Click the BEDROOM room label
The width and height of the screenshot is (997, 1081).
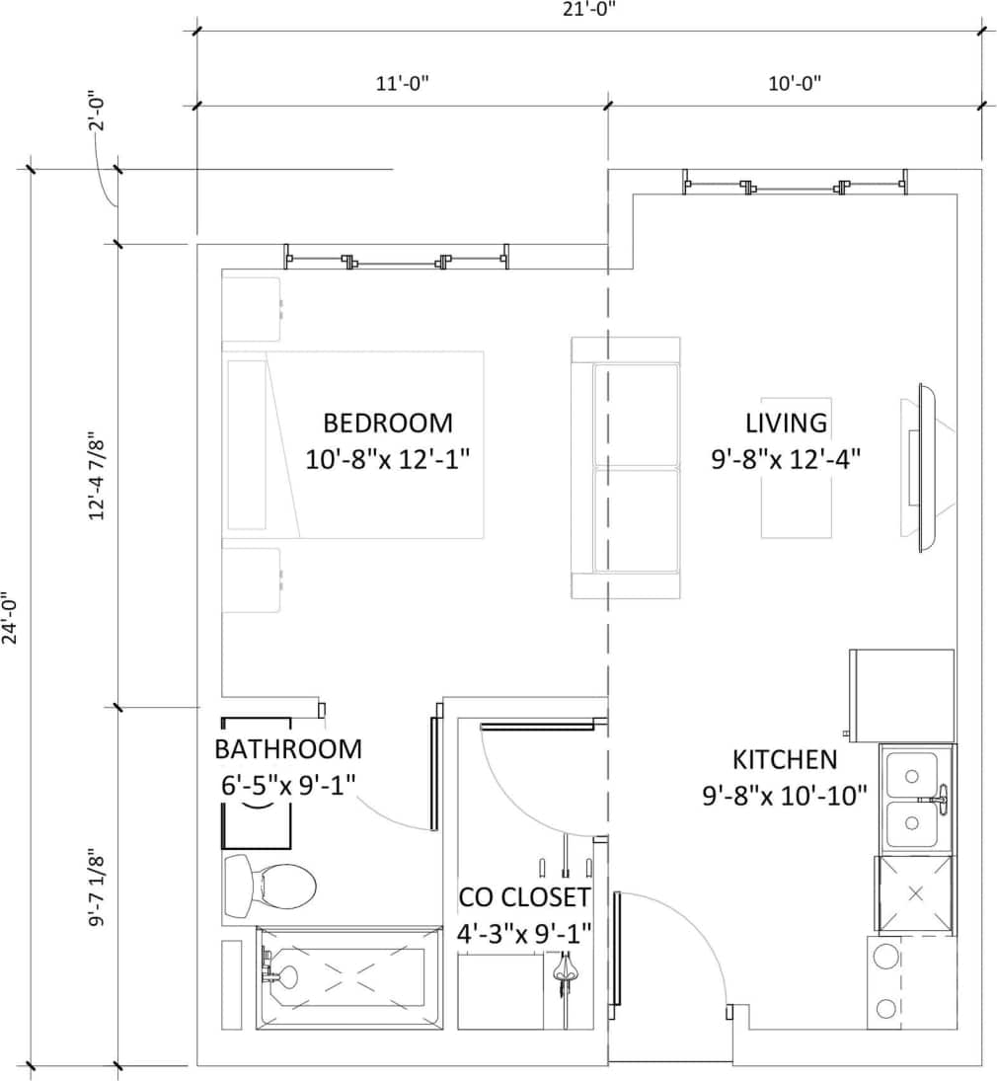click(x=388, y=424)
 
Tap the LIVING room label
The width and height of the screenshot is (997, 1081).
click(x=786, y=424)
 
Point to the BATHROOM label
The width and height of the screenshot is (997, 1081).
click(x=288, y=749)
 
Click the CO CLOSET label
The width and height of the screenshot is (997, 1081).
click(x=524, y=898)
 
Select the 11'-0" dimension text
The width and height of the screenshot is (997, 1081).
click(x=402, y=84)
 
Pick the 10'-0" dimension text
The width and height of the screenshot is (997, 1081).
click(x=795, y=84)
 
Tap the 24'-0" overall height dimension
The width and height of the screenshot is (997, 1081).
click(x=12, y=617)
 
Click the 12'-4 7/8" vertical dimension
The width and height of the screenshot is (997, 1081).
click(x=97, y=476)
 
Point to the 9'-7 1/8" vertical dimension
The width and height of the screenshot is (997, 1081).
click(x=97, y=888)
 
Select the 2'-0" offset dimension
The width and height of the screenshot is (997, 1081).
click(x=96, y=112)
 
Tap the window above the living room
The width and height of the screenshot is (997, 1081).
click(x=795, y=184)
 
